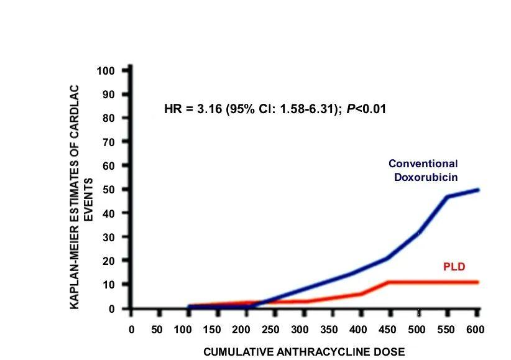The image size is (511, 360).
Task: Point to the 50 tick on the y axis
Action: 110,189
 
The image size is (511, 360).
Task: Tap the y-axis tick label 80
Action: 110,118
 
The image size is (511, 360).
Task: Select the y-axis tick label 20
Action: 110,261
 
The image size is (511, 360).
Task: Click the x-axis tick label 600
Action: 476,330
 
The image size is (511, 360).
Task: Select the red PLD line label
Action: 454,267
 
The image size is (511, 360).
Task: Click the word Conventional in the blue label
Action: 423,164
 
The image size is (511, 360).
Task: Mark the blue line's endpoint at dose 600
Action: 477,190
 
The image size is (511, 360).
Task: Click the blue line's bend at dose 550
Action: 446,197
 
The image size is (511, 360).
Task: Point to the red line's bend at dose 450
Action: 388,282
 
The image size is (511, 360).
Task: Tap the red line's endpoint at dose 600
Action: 477,282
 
